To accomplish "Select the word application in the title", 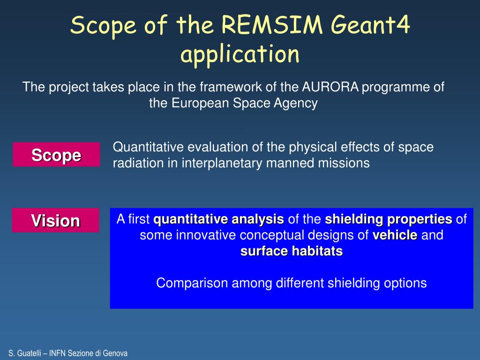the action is click(x=240, y=54).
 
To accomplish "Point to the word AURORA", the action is click(x=330, y=87).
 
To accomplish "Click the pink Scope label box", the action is click(x=56, y=155).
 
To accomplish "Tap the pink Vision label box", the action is click(x=55, y=220).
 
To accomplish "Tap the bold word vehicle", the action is click(x=395, y=235).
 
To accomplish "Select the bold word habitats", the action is click(x=317, y=251).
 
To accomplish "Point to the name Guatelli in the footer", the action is click(x=29, y=353).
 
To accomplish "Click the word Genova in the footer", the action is click(x=115, y=353).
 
